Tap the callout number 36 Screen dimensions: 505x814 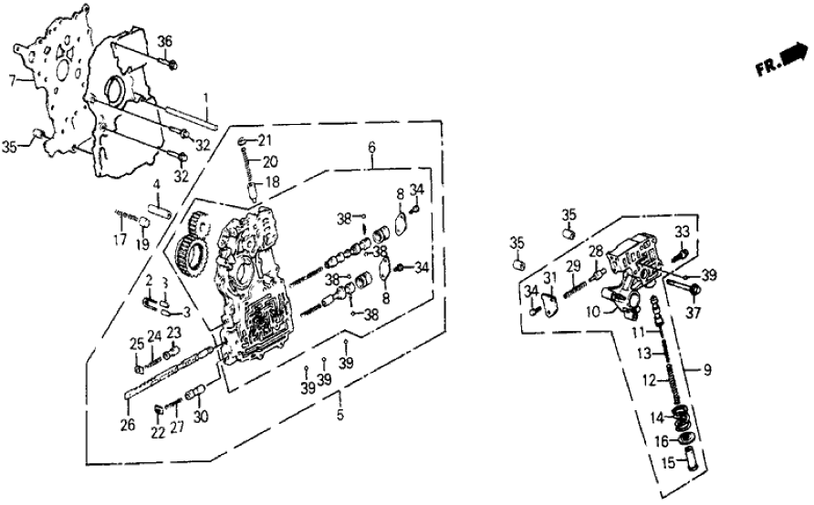click(164, 40)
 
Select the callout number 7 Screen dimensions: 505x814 click(12, 80)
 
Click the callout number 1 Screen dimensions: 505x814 click(206, 97)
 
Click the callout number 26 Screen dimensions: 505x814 click(128, 424)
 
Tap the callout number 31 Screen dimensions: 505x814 click(549, 277)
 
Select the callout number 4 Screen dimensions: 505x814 click(156, 185)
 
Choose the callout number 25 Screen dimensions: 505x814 click(135, 343)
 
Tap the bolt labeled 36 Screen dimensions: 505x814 click(172, 62)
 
